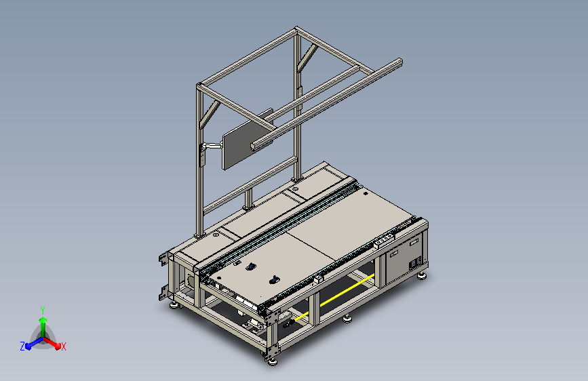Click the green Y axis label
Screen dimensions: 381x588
pyautogui.click(x=43, y=308)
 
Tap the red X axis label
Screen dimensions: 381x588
pyautogui.click(x=64, y=346)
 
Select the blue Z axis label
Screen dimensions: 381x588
pyautogui.click(x=22, y=346)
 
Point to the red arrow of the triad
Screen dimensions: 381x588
pyautogui.click(x=54, y=342)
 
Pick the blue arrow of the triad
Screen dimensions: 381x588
pyautogui.click(x=31, y=342)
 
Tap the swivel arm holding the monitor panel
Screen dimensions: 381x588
pyautogui.click(x=214, y=145)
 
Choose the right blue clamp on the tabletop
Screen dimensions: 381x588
pyautogui.click(x=275, y=279)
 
